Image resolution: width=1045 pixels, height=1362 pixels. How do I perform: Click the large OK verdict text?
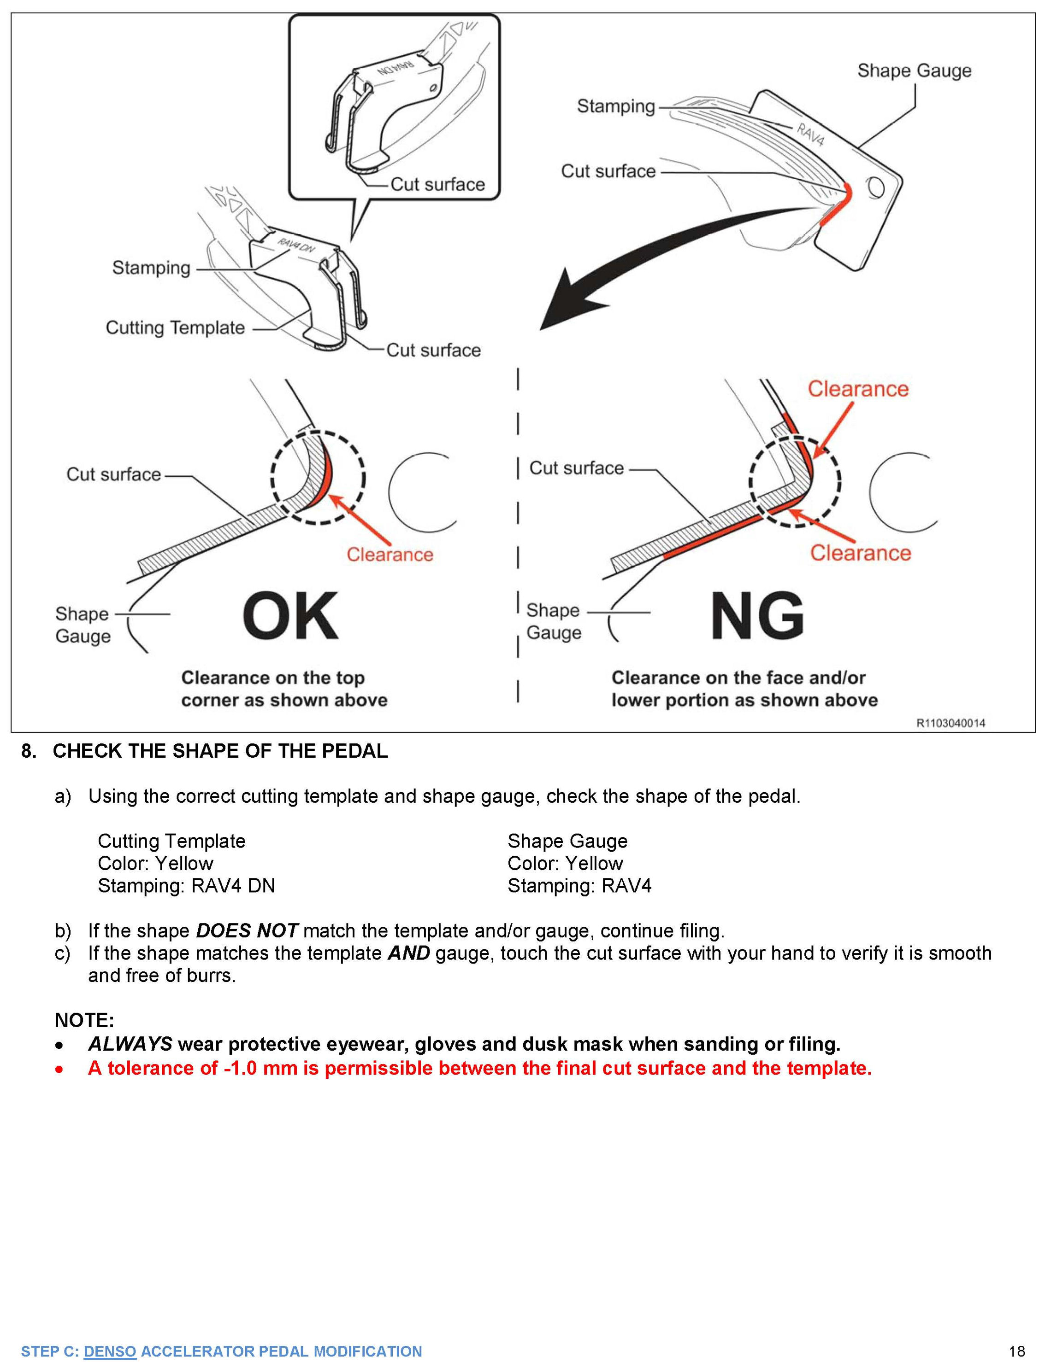[290, 617]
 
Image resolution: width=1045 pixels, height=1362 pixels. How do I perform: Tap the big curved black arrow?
[653, 261]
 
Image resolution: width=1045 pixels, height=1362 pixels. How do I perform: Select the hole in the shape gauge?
[876, 187]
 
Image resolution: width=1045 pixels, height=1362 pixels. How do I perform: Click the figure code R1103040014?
[950, 723]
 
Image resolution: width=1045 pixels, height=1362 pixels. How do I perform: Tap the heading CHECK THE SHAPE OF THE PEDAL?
[220, 751]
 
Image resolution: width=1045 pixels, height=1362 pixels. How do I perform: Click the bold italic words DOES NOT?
[247, 930]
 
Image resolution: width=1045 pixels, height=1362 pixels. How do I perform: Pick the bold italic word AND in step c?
[409, 953]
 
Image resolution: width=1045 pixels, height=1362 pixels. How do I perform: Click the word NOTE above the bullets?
[84, 1020]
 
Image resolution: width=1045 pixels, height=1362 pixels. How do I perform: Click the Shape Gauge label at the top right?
[914, 71]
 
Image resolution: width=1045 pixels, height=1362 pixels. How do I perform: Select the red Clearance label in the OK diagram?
[390, 555]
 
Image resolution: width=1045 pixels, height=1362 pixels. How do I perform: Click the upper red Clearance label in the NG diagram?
[858, 389]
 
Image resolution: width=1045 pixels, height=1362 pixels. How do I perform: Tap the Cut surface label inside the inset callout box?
[437, 185]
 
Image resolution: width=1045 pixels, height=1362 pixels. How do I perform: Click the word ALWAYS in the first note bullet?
[130, 1044]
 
